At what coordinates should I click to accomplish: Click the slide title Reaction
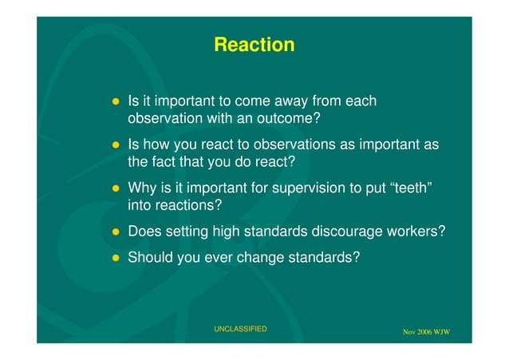(254, 45)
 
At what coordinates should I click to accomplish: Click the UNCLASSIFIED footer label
(241, 329)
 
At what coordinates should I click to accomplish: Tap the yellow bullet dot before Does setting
(116, 232)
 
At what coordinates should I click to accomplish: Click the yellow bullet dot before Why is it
(116, 189)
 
